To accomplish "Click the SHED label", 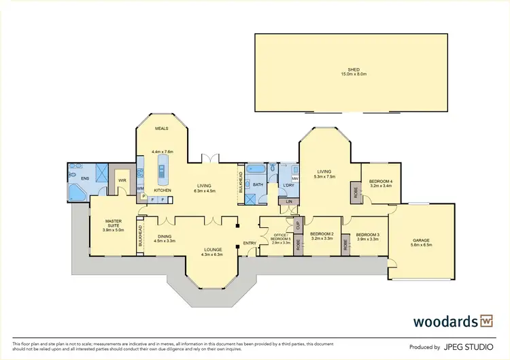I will (353, 69).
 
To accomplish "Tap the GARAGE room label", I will (422, 240).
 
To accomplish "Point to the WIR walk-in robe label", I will (122, 180).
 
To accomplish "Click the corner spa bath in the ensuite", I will (76, 193).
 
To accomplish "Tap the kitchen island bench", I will (162, 165).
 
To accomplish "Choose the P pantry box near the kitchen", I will (143, 197).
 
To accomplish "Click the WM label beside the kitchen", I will (140, 189).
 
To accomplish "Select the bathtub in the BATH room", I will (256, 169).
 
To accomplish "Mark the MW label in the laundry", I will (295, 179).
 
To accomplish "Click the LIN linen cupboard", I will (288, 201).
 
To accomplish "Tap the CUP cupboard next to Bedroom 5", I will (297, 223).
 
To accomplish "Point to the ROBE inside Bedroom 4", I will (355, 192).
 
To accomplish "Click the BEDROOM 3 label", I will (367, 235).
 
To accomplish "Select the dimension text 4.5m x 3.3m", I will (165, 240).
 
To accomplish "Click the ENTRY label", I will (249, 244).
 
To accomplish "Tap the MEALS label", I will (161, 128).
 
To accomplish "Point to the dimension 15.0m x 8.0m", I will (353, 73).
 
